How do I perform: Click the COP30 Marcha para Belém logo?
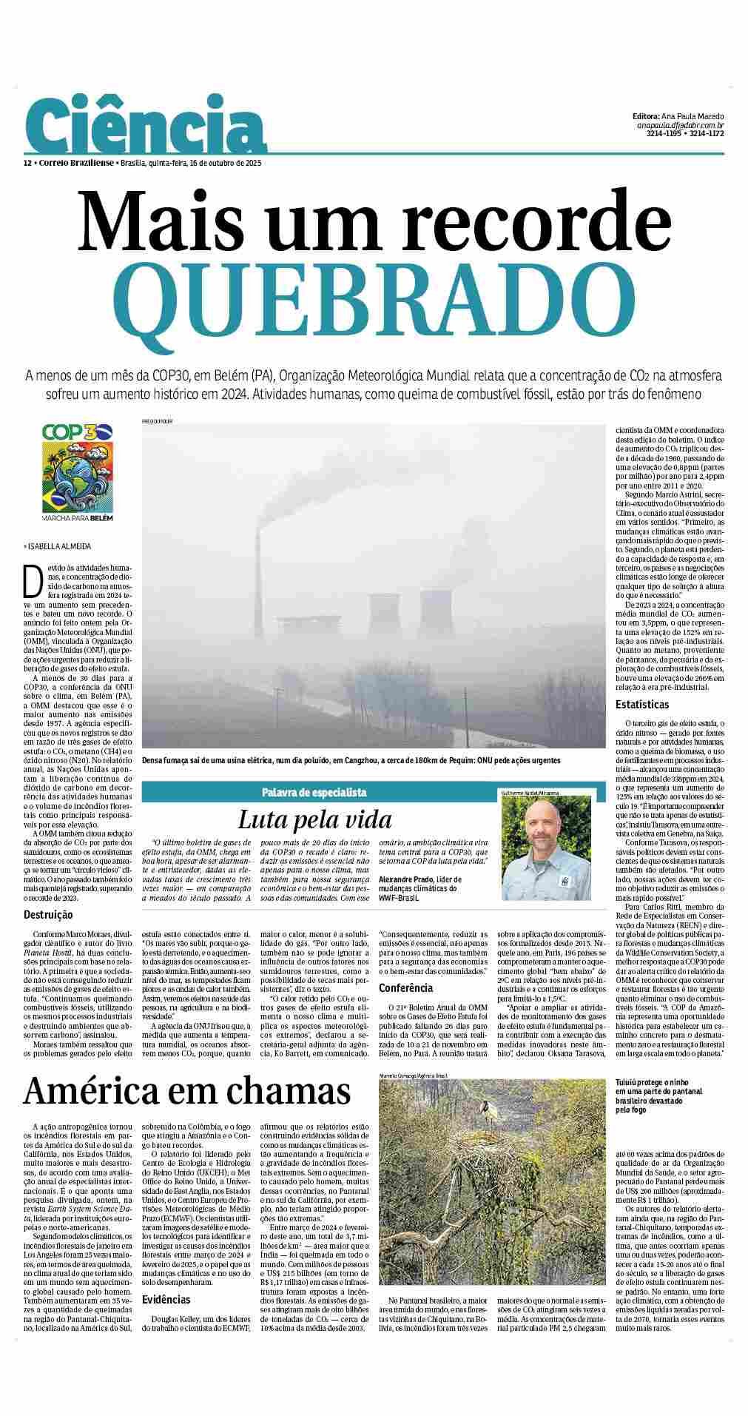pyautogui.click(x=78, y=471)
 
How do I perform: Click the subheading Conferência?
pyautogui.click(x=407, y=988)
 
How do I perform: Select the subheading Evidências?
pyautogui.click(x=166, y=1299)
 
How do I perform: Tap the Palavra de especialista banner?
pyautogui.click(x=314, y=792)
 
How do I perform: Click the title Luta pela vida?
pyautogui.click(x=314, y=819)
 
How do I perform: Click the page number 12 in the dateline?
pyautogui.click(x=27, y=163)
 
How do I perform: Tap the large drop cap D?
pyautogui.click(x=33, y=580)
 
